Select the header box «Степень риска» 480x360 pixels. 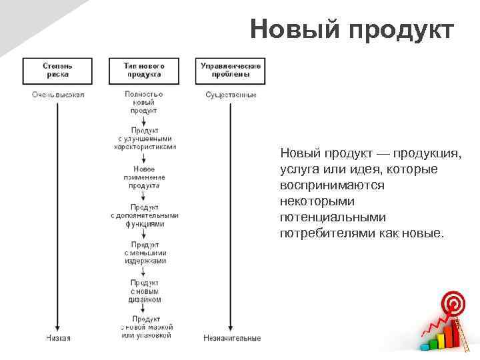(58, 70)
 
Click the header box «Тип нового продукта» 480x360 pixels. (144, 70)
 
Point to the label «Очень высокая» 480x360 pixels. (58, 95)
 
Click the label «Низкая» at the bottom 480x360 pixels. (58, 338)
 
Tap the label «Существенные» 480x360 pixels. (231, 95)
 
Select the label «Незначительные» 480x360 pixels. (232, 338)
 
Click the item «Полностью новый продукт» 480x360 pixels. (144, 103)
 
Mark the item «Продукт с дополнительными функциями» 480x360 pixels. (145, 215)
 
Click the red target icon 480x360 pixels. (453, 305)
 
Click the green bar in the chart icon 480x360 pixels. (433, 343)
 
